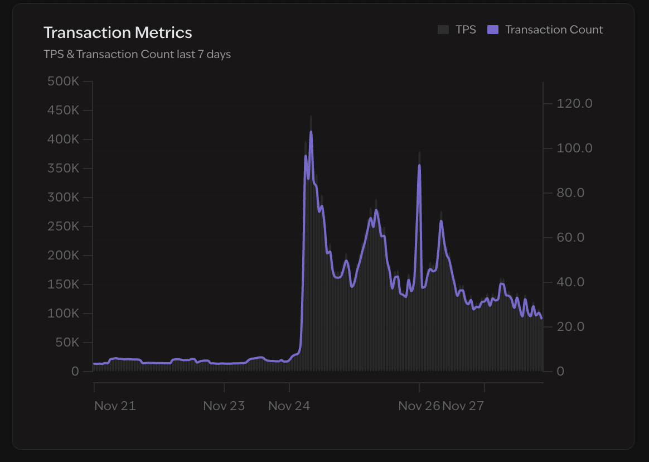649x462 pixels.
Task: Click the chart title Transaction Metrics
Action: (x=118, y=32)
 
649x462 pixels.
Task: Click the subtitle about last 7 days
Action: (x=137, y=54)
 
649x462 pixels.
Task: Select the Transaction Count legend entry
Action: (x=554, y=30)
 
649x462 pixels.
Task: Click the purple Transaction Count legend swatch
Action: (x=492, y=30)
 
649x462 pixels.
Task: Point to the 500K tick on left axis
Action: (x=64, y=81)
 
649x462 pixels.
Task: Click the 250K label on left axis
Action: (x=64, y=227)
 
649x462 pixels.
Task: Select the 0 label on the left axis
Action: (x=75, y=372)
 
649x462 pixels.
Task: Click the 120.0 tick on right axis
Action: (x=574, y=104)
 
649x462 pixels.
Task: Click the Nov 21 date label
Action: (x=115, y=406)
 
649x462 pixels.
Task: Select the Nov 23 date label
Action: (x=224, y=406)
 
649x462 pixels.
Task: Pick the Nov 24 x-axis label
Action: (x=289, y=406)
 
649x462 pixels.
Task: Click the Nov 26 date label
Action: (x=419, y=406)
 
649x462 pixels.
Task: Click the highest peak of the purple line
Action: (x=311, y=132)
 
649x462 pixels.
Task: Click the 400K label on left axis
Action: (x=64, y=139)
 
